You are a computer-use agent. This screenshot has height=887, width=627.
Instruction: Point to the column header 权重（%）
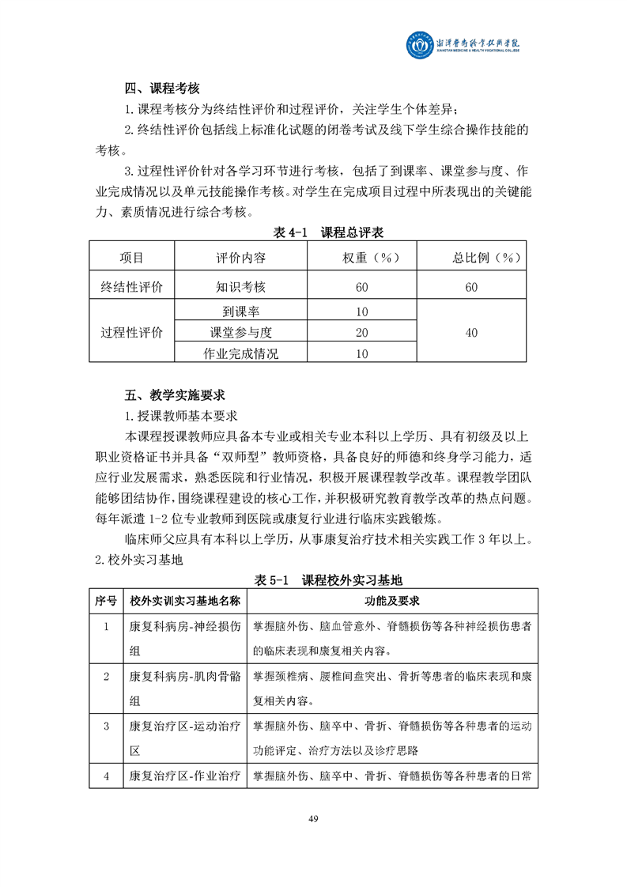pos(362,259)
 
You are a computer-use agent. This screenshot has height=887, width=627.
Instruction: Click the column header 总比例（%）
pos(471,259)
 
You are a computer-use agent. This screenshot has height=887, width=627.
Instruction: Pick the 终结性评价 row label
pos(131,287)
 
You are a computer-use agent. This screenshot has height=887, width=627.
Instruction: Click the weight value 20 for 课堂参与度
pos(362,333)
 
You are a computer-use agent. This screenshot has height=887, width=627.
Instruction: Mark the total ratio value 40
pos(471,333)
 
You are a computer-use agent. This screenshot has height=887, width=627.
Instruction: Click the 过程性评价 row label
pos(131,333)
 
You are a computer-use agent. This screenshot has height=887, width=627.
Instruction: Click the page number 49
pos(313,817)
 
